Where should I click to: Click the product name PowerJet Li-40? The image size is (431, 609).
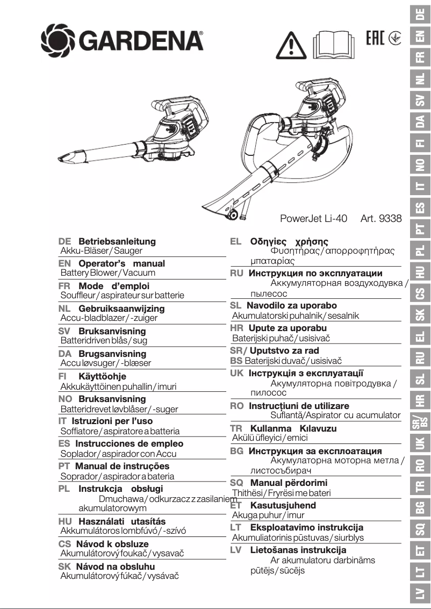point(314,219)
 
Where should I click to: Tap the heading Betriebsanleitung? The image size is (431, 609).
point(117,241)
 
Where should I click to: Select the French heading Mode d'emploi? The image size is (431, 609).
point(113,286)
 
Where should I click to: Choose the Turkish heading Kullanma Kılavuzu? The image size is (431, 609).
point(293,428)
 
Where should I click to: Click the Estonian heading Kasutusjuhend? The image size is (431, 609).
point(283,505)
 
